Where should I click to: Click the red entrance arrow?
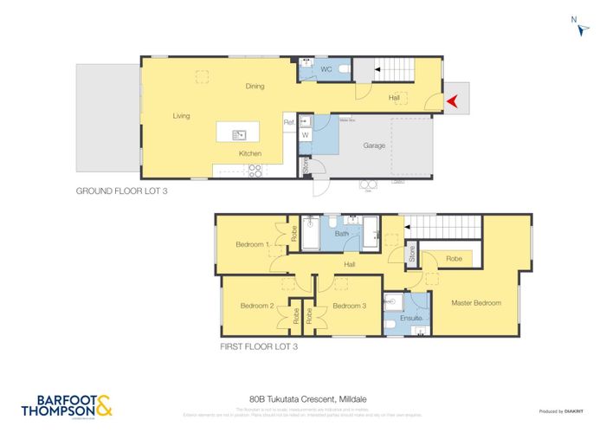pos(451,101)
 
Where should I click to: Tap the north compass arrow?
pos(582,28)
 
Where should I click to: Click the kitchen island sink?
pos(238,134)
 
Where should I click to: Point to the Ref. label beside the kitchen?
pos(289,123)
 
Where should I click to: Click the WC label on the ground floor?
pos(326,68)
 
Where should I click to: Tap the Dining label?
pos(255,87)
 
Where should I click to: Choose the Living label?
pos(181,116)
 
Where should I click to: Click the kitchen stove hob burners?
pos(255,169)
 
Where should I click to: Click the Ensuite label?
pos(410,319)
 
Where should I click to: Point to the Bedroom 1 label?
pos(253,245)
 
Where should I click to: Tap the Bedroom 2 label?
pos(257,306)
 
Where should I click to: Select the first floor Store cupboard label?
pos(412,255)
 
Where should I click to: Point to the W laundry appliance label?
pos(305,135)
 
